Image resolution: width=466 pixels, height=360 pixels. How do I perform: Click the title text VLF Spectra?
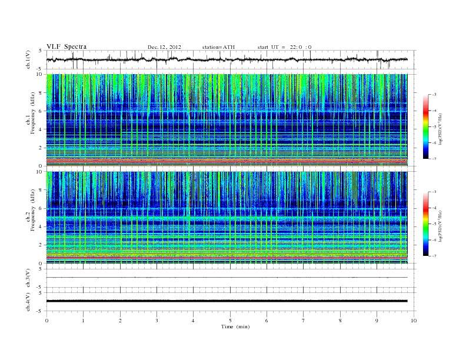click(x=66, y=46)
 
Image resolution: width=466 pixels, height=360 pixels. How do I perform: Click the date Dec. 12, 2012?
click(x=164, y=46)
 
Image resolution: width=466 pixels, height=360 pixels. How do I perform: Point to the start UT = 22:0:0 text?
click(x=284, y=46)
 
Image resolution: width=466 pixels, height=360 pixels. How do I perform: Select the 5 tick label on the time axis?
click(x=230, y=321)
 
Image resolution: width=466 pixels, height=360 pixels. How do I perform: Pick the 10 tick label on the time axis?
click(x=414, y=321)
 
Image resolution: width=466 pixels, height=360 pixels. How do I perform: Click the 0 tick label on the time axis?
click(x=46, y=321)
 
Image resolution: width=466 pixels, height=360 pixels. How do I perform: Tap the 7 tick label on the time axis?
click(x=304, y=321)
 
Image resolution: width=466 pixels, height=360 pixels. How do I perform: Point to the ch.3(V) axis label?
click(x=28, y=278)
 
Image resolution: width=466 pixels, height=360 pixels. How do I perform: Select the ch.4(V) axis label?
click(x=28, y=301)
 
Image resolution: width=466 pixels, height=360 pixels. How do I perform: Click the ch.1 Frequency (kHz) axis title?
click(x=29, y=120)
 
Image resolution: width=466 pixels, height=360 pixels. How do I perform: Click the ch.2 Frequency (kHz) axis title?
click(x=29, y=218)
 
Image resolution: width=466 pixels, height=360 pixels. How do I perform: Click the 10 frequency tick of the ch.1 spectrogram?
click(x=40, y=75)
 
